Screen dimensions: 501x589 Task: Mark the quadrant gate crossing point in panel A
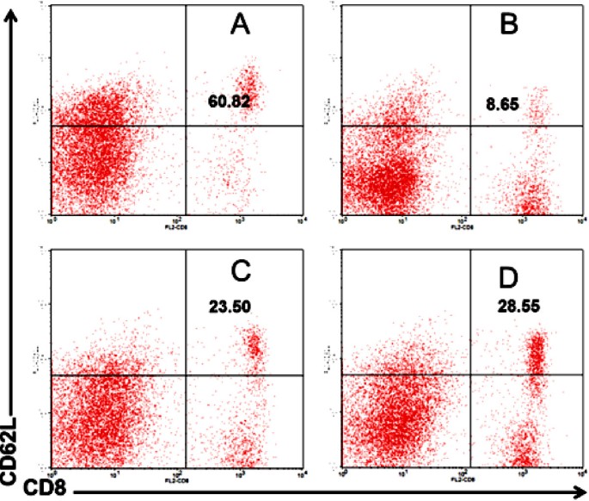[x=187, y=127]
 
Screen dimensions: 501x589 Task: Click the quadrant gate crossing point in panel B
[x=469, y=127]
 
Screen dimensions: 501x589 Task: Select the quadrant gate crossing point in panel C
[x=187, y=375]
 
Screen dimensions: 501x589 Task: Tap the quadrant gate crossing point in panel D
[x=469, y=374]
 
